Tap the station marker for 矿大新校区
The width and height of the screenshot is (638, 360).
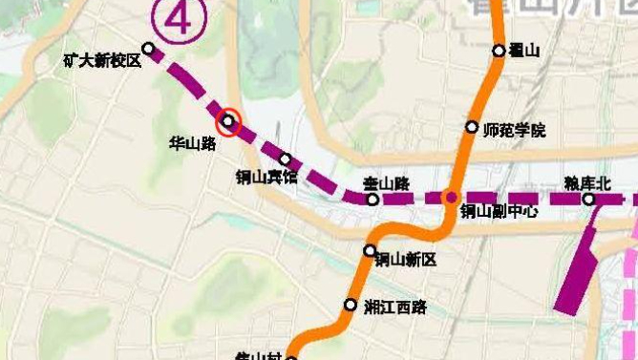148,48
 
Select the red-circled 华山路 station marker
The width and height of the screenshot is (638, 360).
229,121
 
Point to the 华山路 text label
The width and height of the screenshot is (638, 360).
192,143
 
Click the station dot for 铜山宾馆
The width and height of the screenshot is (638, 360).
285,159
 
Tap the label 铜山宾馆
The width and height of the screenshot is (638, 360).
267,177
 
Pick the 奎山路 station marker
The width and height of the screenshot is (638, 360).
373,200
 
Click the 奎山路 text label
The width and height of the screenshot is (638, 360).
388,181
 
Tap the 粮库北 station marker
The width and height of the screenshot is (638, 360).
589,199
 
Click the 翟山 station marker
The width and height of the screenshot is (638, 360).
499,51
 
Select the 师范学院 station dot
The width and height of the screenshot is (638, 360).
472,127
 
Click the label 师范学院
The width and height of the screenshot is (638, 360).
515,129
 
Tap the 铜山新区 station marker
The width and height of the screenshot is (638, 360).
371,250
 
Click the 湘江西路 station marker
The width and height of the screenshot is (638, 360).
350,305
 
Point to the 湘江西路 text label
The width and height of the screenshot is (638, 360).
395,307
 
